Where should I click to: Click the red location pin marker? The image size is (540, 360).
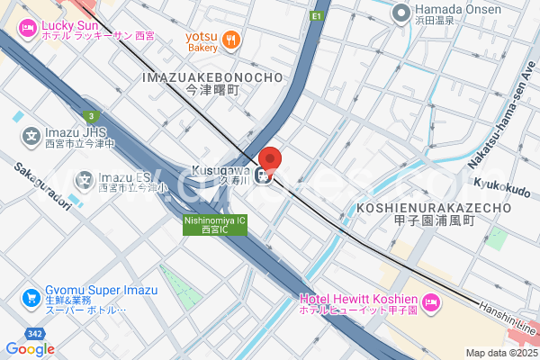[x=271, y=158]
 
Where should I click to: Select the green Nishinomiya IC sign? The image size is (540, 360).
[x=215, y=224]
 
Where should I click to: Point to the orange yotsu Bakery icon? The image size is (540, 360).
[x=231, y=38]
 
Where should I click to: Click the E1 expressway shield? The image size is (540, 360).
[x=316, y=16]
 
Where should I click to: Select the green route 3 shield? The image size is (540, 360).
[x=91, y=115]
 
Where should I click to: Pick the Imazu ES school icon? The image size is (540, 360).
[x=85, y=178]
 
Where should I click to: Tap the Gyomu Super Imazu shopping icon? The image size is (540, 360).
[x=30, y=297]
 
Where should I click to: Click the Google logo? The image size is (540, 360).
[x=30, y=348]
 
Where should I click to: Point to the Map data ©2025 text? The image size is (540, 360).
[x=499, y=352]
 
